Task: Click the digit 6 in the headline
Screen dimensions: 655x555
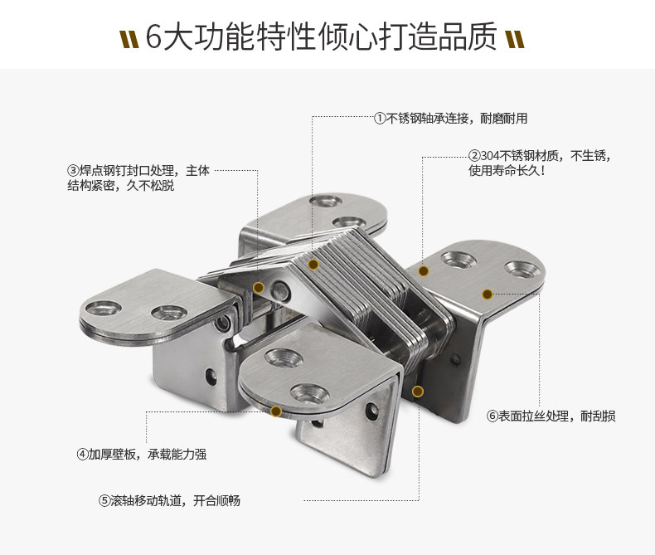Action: (x=155, y=37)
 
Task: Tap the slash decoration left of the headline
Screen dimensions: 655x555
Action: (x=129, y=38)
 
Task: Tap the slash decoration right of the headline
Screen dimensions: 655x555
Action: (x=515, y=38)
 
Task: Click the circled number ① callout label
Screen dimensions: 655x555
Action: (x=380, y=119)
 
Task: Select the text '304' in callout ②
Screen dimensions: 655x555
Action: (x=490, y=155)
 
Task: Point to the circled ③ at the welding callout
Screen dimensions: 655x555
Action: (x=73, y=171)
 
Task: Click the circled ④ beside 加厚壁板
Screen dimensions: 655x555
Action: (x=83, y=454)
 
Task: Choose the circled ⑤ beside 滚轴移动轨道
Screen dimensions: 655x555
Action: (x=104, y=501)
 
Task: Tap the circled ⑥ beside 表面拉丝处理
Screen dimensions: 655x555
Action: (x=492, y=416)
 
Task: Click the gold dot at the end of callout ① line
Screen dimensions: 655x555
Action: (x=313, y=265)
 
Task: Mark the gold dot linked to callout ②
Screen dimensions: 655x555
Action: (x=423, y=270)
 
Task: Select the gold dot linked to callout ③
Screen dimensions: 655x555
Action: (x=259, y=288)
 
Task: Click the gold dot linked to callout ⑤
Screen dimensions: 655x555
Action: (x=418, y=391)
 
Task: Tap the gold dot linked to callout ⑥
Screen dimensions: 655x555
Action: (x=488, y=294)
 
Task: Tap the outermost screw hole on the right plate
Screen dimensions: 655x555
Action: (x=524, y=270)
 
